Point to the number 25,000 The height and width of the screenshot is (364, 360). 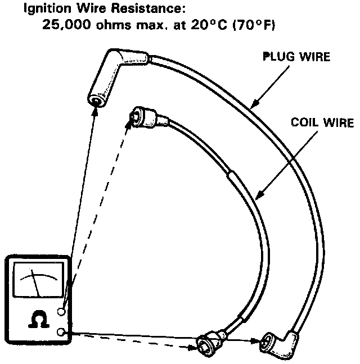point(66,26)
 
